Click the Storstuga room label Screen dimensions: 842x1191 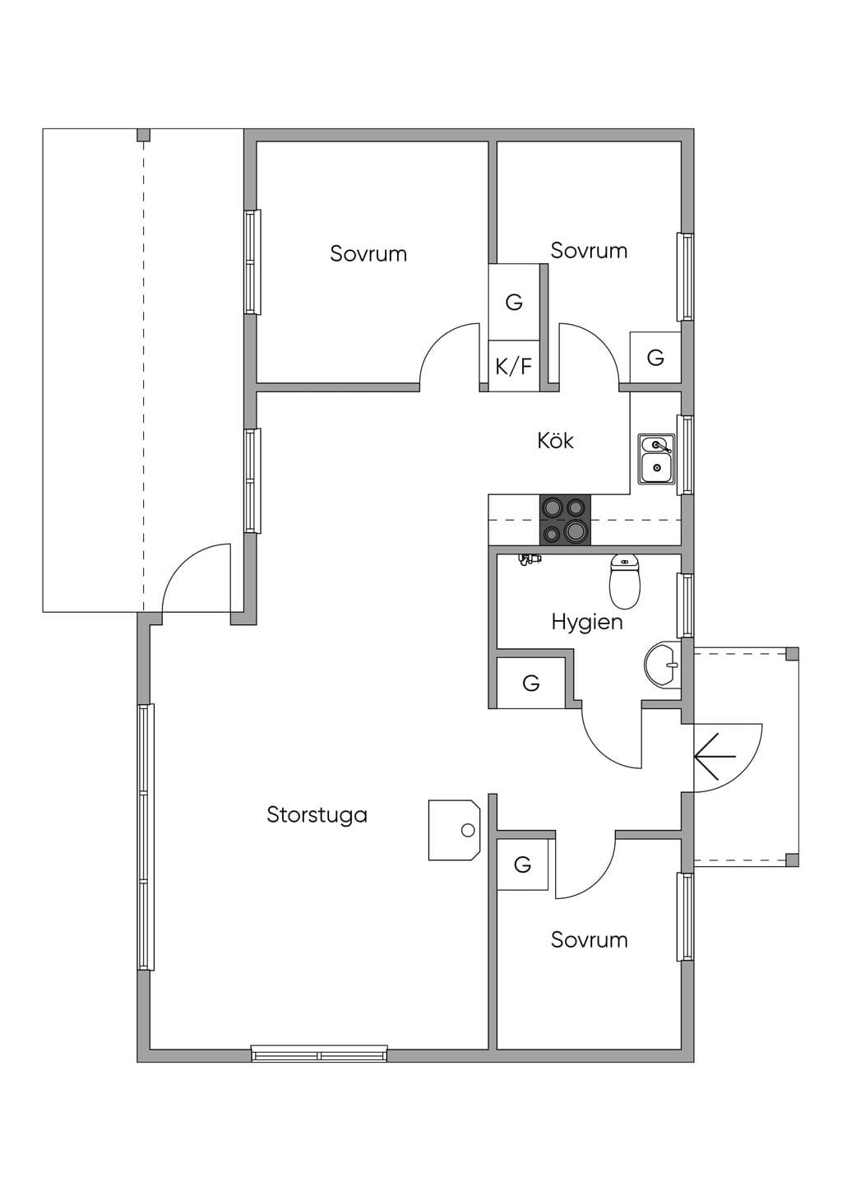point(317,815)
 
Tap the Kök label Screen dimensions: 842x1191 point(555,441)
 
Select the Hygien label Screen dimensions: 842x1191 point(587,623)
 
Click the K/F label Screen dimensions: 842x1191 point(513,366)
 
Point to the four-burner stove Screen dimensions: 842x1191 point(565,520)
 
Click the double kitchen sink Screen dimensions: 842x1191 point(657,459)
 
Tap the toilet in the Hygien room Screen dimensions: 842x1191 point(625,582)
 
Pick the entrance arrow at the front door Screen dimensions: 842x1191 point(715,756)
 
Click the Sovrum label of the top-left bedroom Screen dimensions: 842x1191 point(368,253)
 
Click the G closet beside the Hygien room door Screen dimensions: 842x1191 point(530,683)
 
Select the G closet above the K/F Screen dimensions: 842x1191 point(514,302)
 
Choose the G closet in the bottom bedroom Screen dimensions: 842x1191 point(522,865)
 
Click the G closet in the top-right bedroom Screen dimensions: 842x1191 point(655,357)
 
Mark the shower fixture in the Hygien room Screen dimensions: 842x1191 point(530,559)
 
